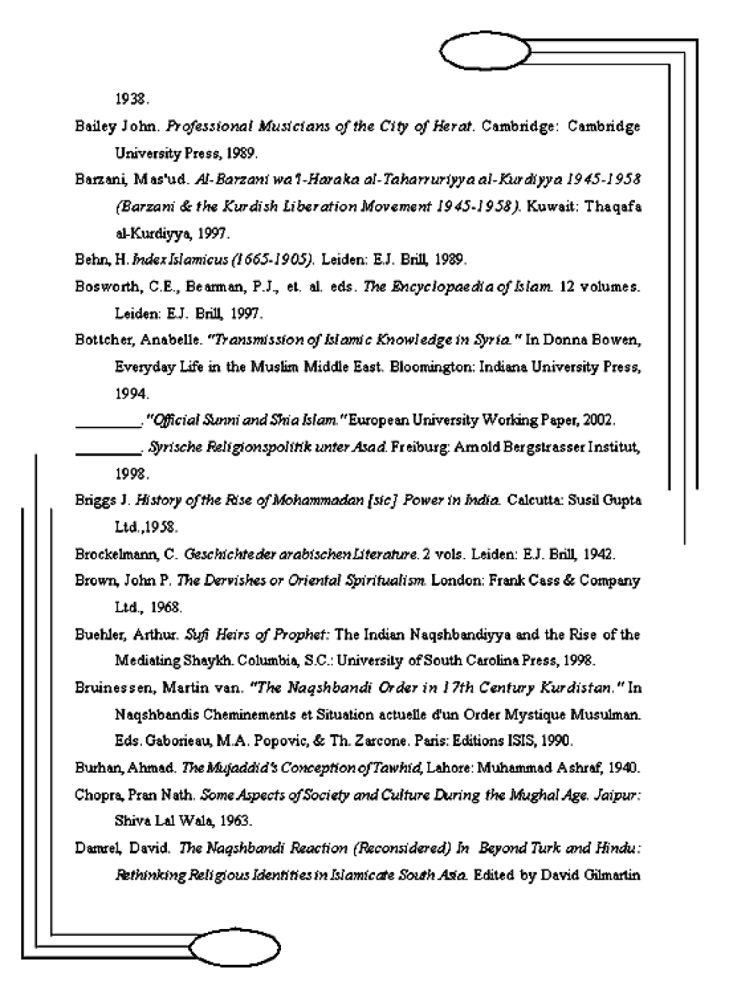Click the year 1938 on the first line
click(131, 99)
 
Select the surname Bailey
click(94, 126)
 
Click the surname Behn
click(91, 260)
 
